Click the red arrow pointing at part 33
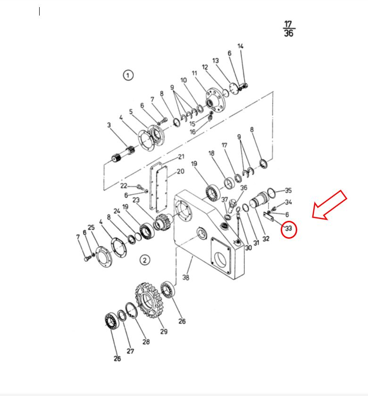[329, 205]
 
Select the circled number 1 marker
[128, 75]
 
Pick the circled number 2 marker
[144, 260]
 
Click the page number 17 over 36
[289, 29]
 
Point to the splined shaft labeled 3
[123, 154]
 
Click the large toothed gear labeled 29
[148, 300]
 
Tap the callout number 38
[186, 277]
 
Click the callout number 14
[241, 46]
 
